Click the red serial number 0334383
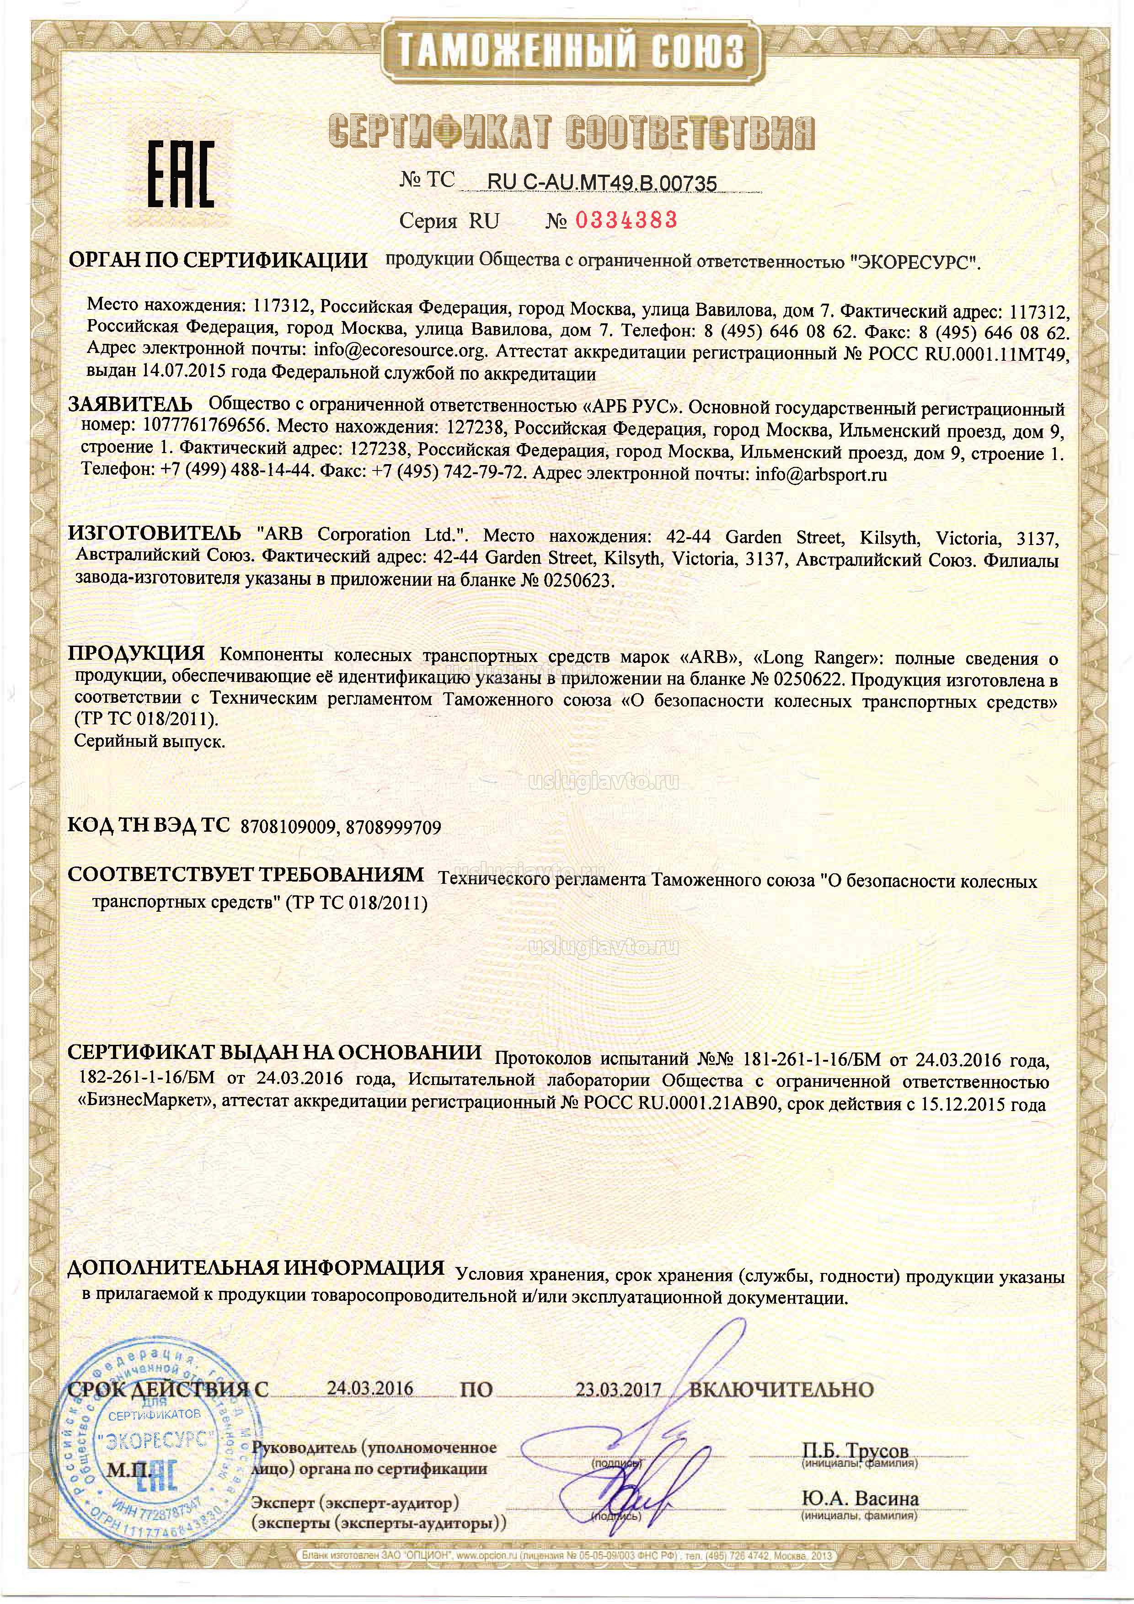point(626,221)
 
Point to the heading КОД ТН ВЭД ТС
point(148,826)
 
